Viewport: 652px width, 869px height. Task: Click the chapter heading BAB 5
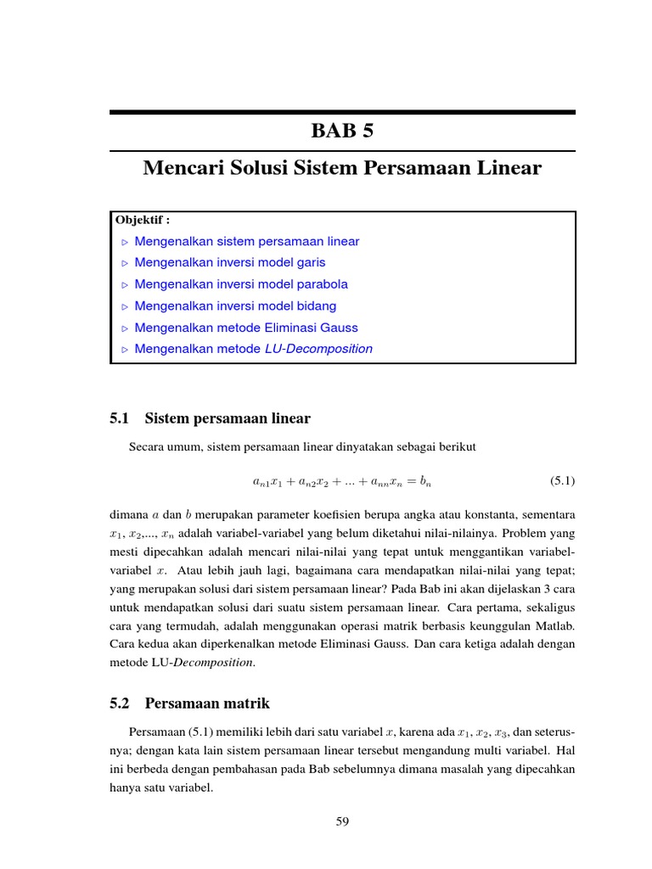tap(342, 132)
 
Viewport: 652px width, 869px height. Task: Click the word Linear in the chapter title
tap(507, 168)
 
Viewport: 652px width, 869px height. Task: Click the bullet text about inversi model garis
tap(230, 262)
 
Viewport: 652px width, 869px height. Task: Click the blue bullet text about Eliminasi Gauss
tap(246, 328)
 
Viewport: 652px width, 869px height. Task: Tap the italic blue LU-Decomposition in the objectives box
tap(318, 349)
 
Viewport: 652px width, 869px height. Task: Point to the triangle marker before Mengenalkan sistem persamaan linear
tap(124, 242)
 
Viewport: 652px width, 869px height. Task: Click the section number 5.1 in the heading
tap(119, 418)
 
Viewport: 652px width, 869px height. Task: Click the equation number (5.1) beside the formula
tap(562, 481)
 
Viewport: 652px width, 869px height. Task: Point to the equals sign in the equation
tap(413, 481)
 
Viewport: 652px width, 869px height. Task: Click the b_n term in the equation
tap(428, 481)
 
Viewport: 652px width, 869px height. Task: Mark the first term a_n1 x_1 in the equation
tap(269, 482)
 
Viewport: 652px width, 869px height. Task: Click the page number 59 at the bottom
tap(342, 821)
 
